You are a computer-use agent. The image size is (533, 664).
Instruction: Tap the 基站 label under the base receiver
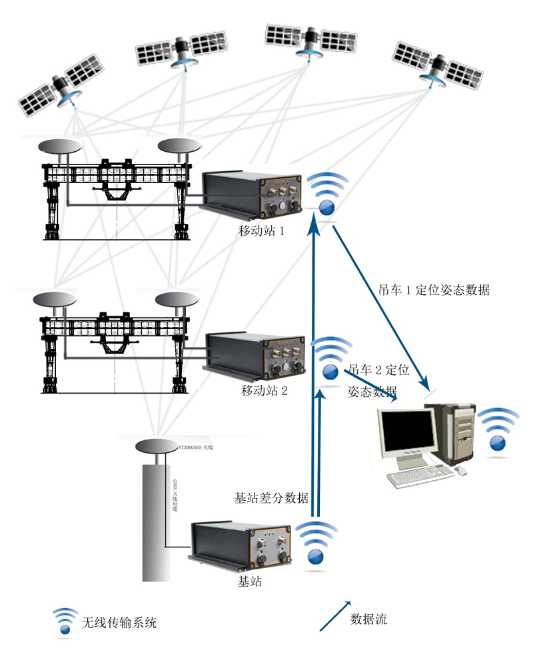click(x=249, y=581)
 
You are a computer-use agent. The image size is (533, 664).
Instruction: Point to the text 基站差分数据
click(x=271, y=498)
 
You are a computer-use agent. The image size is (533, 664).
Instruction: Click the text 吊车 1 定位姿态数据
click(x=428, y=290)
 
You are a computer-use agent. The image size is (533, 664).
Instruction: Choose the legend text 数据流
click(x=368, y=619)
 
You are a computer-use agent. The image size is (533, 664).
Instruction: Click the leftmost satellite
click(x=62, y=87)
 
